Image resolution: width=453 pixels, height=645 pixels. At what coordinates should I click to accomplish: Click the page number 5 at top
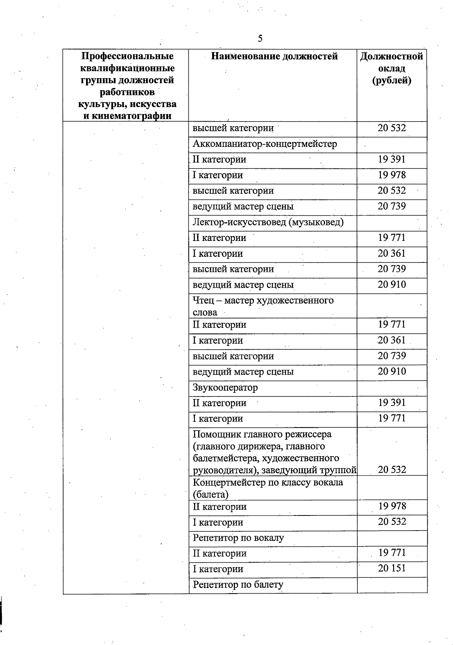pos(260,39)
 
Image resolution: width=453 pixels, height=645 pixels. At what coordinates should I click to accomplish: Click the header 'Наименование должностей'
pos(274,57)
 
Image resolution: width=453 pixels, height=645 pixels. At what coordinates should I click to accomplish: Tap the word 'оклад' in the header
pos(391,68)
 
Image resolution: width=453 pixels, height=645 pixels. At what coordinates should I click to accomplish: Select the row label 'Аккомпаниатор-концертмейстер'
pos(265,144)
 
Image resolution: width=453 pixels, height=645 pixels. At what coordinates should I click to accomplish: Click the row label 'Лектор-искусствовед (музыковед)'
pos(268,222)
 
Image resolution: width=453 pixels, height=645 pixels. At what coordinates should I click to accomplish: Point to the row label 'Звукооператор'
pos(225,387)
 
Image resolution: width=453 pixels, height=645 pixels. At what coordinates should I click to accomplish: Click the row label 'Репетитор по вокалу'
pos(238,538)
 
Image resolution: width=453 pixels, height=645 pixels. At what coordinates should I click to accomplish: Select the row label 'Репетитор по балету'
pos(238,585)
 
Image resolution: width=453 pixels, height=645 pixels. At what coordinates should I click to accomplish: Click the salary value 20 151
pos(392,568)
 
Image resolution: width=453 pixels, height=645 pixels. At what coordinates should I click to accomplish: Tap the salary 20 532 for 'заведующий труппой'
pos(392,470)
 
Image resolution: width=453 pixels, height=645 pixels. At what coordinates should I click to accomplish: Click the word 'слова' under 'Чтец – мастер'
pos(205,312)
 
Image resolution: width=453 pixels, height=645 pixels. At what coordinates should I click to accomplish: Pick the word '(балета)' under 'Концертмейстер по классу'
pos(211,494)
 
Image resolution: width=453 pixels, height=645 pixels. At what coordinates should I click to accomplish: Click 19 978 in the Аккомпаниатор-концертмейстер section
pos(392,175)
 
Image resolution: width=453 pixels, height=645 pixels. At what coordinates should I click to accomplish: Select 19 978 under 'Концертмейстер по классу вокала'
pos(392,506)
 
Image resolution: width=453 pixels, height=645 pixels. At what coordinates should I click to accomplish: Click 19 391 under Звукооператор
pos(392,403)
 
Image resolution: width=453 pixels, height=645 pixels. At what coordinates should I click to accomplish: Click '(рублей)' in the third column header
pos(391,80)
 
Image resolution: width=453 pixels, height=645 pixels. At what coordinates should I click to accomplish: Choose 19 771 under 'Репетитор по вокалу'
pos(392,553)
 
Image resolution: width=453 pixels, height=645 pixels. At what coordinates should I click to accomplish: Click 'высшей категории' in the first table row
pos(233,128)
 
